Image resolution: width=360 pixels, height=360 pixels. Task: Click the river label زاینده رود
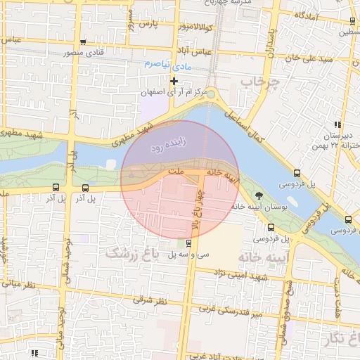click(x=167, y=147)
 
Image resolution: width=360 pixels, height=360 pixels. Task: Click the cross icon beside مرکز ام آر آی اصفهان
click(x=174, y=82)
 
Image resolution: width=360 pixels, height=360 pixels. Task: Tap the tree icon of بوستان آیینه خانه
click(x=259, y=195)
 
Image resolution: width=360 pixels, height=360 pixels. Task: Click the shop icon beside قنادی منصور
click(x=84, y=42)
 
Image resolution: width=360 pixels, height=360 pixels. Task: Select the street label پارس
click(x=146, y=24)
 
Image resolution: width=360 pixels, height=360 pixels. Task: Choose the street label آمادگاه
click(x=309, y=15)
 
